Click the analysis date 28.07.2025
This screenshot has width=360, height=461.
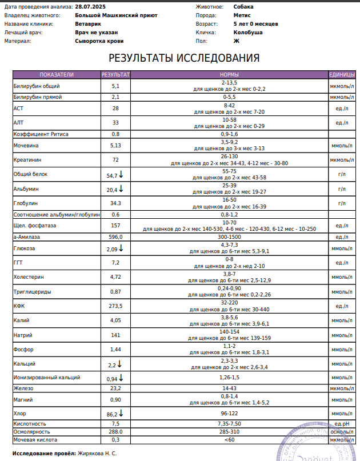click(90, 6)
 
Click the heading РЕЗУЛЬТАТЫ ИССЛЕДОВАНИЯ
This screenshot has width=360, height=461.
click(184, 58)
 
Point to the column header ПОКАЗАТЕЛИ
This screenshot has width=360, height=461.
click(57, 75)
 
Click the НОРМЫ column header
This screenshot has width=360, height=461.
click(229, 75)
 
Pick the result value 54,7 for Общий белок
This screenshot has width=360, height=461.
click(112, 176)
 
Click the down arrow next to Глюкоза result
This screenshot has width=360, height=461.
click(121, 248)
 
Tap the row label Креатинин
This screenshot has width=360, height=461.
click(26, 160)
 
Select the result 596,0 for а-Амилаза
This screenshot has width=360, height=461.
click(115, 236)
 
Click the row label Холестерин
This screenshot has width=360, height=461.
click(28, 277)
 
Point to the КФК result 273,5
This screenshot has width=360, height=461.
click(115, 306)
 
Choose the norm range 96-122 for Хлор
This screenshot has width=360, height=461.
click(229, 413)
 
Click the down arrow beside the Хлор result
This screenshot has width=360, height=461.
click(121, 412)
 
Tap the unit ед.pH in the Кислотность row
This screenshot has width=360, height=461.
click(342, 424)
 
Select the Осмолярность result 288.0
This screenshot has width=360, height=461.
click(115, 432)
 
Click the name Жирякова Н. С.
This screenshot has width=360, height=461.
click(97, 453)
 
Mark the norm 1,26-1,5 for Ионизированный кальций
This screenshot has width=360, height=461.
click(229, 378)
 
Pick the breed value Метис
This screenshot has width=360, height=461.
click(242, 15)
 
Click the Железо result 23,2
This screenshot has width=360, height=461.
click(115, 388)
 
